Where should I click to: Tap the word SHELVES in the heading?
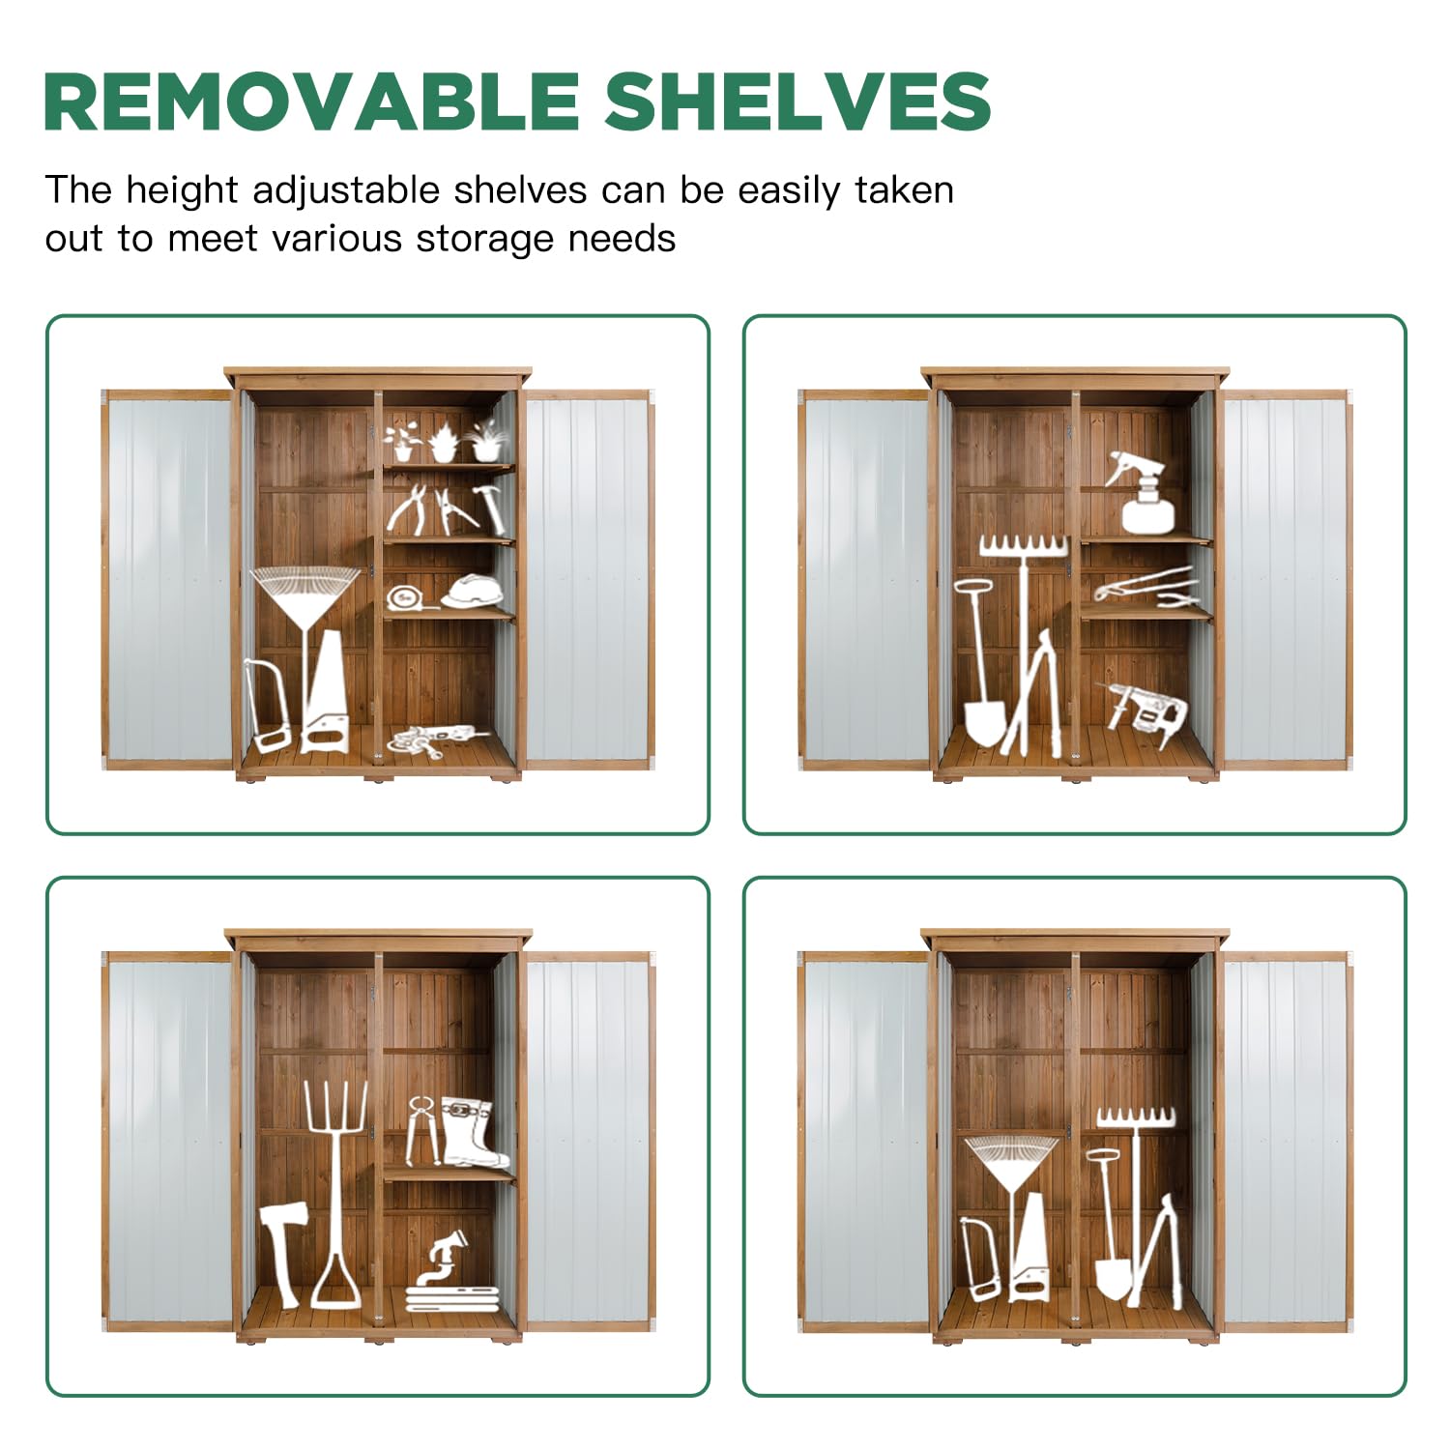(798, 101)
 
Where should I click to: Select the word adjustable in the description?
(346, 191)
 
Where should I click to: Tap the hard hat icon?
(473, 591)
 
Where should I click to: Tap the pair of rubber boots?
(475, 1132)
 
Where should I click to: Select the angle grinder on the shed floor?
(437, 740)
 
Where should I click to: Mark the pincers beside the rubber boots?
(422, 1129)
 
